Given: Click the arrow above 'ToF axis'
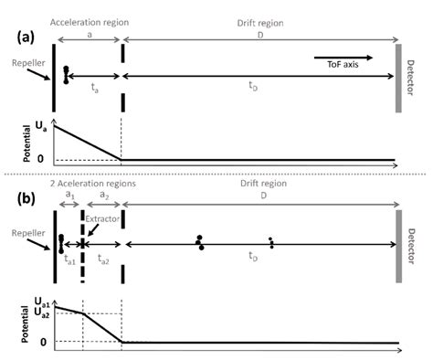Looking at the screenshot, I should (x=351, y=54).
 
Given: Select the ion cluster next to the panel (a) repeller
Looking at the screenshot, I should (x=66, y=74).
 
